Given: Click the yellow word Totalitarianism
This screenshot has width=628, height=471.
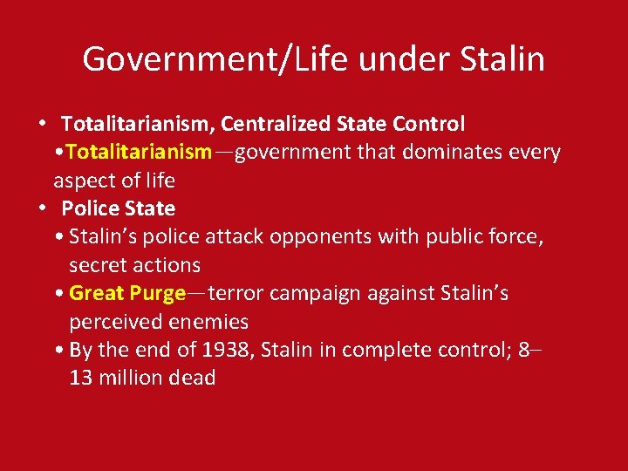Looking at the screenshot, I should [138, 152].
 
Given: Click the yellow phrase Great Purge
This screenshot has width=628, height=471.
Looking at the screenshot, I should [127, 293].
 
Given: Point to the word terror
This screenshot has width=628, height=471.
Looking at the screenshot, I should [237, 293].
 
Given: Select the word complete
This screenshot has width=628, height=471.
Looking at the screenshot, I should [382, 350].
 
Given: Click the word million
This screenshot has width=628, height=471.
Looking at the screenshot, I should [129, 378].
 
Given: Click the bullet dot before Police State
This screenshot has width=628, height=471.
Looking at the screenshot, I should [41, 208].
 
